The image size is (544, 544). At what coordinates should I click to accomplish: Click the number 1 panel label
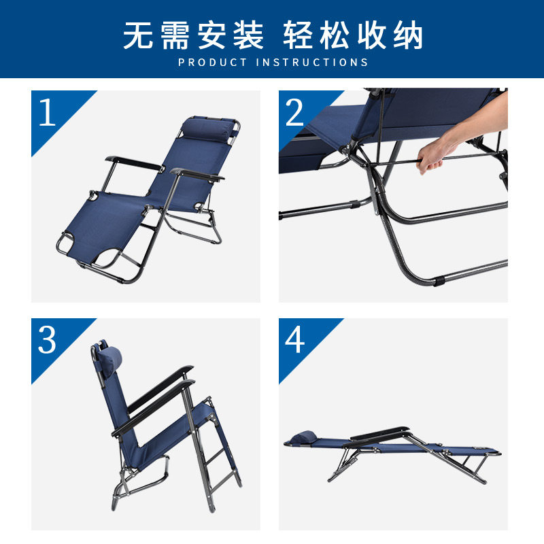(47, 112)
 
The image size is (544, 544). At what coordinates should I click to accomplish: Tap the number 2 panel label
(294, 112)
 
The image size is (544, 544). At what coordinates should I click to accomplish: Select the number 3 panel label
(47, 339)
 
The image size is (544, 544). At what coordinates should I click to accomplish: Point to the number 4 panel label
(294, 339)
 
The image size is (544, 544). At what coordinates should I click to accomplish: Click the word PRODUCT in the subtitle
(212, 63)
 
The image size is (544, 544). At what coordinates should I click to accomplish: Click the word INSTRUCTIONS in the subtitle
(312, 63)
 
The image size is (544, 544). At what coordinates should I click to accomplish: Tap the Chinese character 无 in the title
(138, 35)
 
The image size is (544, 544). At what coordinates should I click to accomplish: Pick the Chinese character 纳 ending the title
(408, 35)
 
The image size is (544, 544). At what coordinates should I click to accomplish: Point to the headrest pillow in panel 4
(303, 437)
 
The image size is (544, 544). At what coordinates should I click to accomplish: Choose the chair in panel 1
(148, 199)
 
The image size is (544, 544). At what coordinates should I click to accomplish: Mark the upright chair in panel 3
(166, 426)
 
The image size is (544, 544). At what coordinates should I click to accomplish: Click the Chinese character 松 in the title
(335, 35)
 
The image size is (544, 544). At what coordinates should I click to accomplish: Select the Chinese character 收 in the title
(372, 35)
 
